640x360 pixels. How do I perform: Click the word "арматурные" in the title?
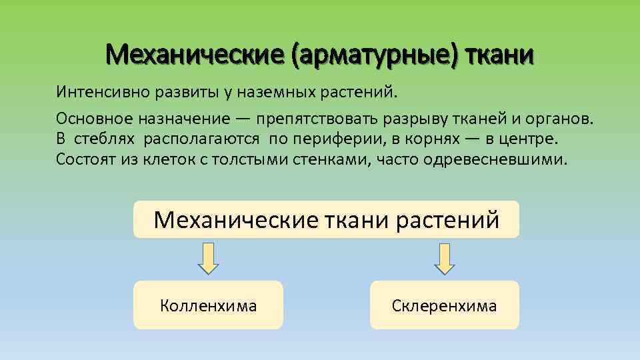(375, 55)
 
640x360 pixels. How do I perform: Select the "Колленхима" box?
(208, 305)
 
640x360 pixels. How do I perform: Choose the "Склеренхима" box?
(444, 305)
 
